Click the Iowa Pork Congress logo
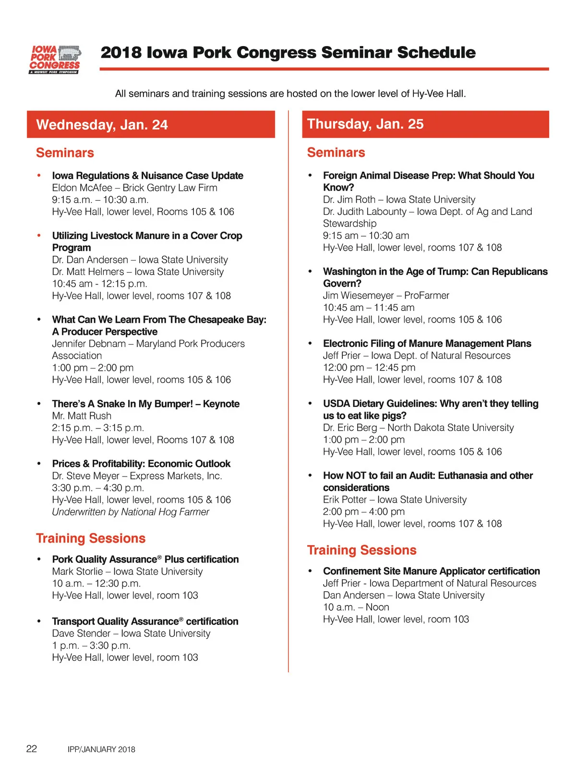[55, 60]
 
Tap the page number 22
[32, 749]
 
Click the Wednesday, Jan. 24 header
[102, 125]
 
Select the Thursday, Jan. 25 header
[365, 124]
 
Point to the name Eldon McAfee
[82, 188]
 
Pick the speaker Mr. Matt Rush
[82, 416]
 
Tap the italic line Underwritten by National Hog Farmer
[131, 512]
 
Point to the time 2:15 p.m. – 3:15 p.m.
[98, 428]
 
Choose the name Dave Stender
[81, 633]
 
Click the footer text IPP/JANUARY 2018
[101, 750]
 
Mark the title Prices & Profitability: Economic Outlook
[141, 464]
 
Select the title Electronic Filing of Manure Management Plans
[427, 344]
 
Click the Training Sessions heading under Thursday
[361, 550]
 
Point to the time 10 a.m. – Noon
[356, 607]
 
